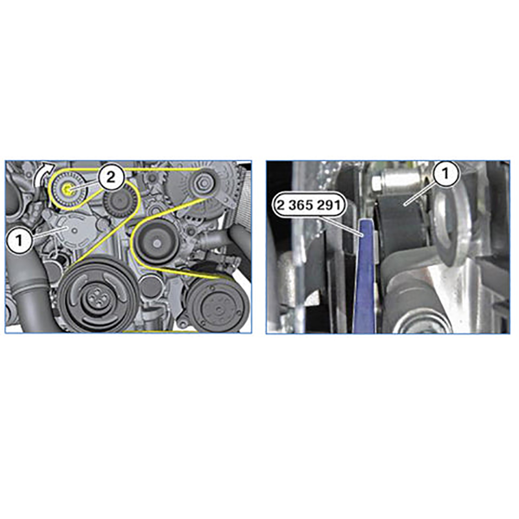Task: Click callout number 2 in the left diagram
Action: click(111, 177)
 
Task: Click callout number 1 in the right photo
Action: click(445, 173)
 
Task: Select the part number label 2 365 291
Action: click(308, 206)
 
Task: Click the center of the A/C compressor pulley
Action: click(218, 308)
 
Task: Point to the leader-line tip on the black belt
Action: click(404, 205)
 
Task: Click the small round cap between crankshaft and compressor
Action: click(151, 285)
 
